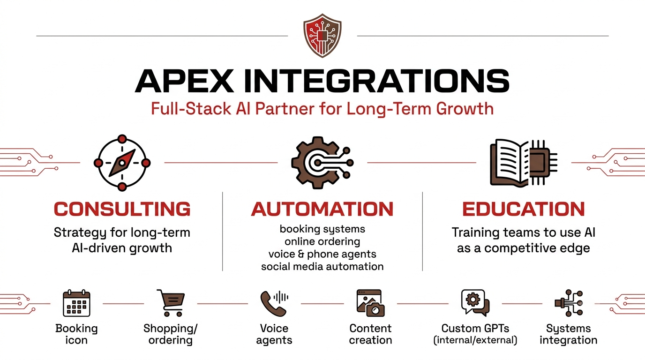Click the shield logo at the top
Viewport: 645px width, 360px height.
322,36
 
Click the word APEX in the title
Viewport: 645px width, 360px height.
184,81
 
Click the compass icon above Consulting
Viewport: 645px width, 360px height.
122,163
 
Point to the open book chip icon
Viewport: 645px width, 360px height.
524,163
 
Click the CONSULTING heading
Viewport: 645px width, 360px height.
122,209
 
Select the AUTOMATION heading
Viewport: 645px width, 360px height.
322,209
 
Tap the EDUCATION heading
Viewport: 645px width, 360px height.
524,209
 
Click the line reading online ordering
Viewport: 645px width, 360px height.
322,241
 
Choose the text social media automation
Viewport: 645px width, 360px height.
322,266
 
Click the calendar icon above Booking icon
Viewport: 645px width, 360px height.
76,303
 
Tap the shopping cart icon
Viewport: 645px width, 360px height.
171,303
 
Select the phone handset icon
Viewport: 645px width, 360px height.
272,304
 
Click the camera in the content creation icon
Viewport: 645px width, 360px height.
375,309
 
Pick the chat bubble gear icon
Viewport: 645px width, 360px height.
475,303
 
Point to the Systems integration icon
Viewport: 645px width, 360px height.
569,303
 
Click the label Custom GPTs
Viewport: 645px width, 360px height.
475,328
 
